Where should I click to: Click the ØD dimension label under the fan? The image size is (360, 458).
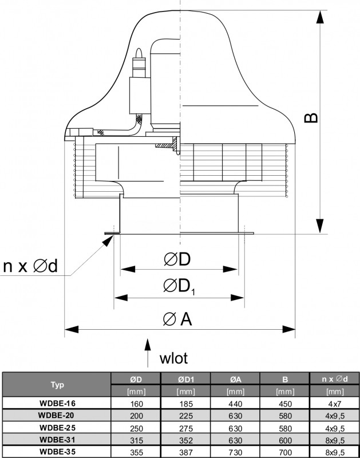click(x=176, y=260)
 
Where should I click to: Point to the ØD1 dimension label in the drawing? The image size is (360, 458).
click(x=179, y=286)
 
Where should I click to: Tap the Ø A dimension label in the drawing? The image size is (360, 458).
click(x=177, y=319)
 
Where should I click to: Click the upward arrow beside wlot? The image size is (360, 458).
click(x=148, y=351)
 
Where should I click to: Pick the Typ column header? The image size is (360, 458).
click(x=57, y=384)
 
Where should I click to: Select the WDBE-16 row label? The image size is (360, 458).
click(x=57, y=403)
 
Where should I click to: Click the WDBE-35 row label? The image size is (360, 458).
click(x=57, y=452)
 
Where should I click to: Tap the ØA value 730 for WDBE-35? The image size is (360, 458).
click(x=235, y=452)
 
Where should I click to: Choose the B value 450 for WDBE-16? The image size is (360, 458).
click(x=284, y=403)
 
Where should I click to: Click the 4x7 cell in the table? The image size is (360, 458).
click(x=334, y=403)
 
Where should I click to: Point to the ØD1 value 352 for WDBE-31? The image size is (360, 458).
click(x=186, y=440)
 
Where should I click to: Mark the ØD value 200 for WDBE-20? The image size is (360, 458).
click(x=136, y=415)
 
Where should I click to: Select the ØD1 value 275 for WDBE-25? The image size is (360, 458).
click(x=186, y=428)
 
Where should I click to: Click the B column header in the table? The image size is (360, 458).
click(x=284, y=378)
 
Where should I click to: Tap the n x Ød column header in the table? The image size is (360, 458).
click(x=334, y=378)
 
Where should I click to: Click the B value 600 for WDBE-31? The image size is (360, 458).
click(x=284, y=440)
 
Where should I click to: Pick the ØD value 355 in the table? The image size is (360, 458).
click(x=136, y=452)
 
